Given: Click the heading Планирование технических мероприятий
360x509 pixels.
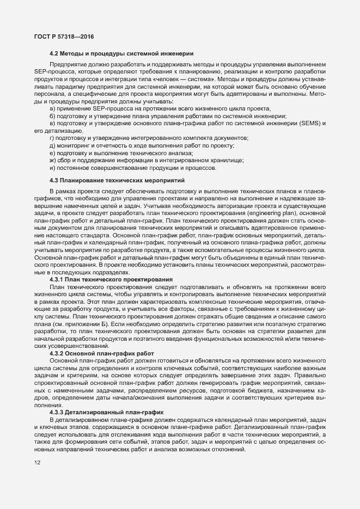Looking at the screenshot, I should pos(124,180).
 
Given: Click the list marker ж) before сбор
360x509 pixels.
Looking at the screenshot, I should pos(52,160).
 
